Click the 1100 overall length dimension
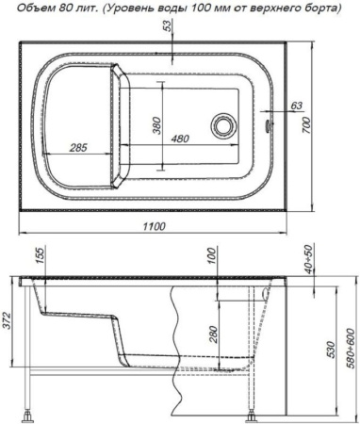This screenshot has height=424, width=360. coord(154,226)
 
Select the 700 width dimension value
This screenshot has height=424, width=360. coord(307,125)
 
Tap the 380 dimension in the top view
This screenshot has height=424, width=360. coord(157,125)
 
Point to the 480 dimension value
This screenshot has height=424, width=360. coord(180,139)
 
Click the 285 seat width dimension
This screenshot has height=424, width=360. coord(78,147)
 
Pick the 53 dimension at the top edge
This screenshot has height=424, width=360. coord(168,25)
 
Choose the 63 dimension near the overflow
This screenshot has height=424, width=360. coord(296,106)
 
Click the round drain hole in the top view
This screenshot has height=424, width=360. coord(222,125)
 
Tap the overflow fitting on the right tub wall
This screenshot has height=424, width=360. coord(269,125)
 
